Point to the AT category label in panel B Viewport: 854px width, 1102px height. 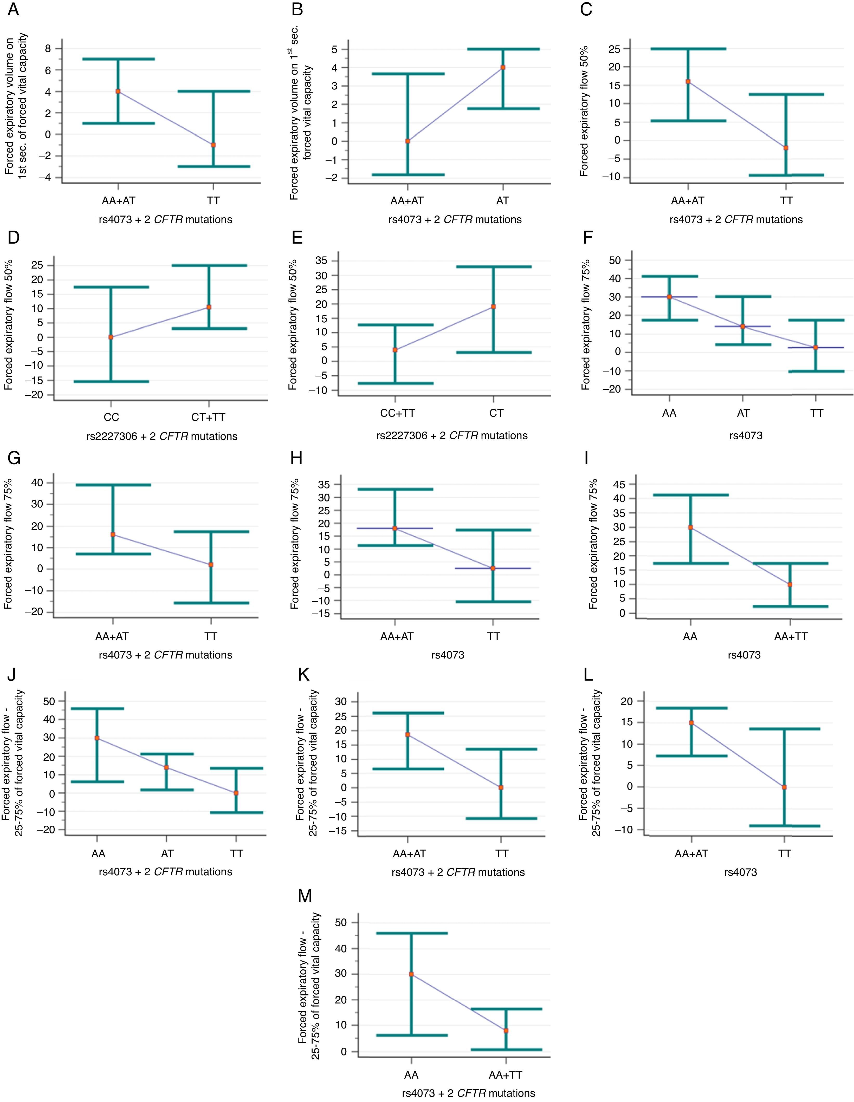[502, 201]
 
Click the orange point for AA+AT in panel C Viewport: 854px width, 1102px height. [688, 81]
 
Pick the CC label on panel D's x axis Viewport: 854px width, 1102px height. [111, 417]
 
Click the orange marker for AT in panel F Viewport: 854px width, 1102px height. [742, 327]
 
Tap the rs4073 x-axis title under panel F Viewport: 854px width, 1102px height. [746, 435]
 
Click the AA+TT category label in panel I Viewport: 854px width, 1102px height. [791, 637]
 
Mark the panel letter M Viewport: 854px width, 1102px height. [305, 896]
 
